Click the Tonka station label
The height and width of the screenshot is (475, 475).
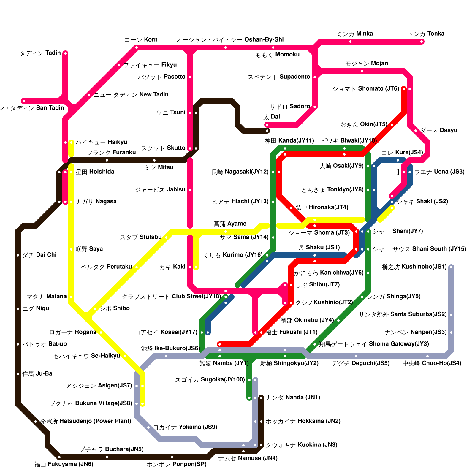[x=426, y=34]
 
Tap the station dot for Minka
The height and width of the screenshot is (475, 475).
[x=350, y=42]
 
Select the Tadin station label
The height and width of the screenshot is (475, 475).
[x=40, y=53]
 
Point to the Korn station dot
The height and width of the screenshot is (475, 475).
[x=137, y=47]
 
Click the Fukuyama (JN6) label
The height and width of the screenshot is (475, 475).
[x=64, y=464]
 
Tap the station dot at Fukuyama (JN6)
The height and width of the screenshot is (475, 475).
[x=59, y=457]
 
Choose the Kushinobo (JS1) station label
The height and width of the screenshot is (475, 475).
[x=414, y=267]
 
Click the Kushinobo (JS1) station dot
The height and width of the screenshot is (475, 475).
[x=451, y=267]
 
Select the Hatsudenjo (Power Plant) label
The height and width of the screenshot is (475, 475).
[x=85, y=421]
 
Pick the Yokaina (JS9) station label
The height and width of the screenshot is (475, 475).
[x=185, y=427]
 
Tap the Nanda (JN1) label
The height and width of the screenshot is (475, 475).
[x=293, y=398]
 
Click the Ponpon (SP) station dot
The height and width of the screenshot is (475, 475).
[x=172, y=457]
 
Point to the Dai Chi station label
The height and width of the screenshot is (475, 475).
[x=39, y=255]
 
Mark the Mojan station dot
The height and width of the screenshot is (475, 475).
[x=362, y=71]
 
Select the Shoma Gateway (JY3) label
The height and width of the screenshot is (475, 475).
[x=374, y=344]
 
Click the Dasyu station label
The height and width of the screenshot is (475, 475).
[x=439, y=130]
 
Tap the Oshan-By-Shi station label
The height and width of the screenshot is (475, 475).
[x=230, y=40]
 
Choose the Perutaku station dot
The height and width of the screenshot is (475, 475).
[x=137, y=267]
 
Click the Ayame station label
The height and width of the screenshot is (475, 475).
[x=230, y=224]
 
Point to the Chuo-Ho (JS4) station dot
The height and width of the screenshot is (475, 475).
[x=427, y=356]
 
